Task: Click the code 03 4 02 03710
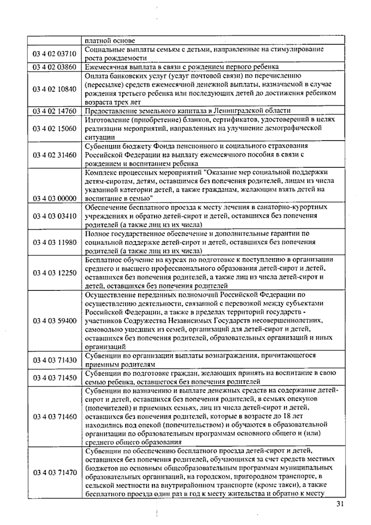pos(54,54)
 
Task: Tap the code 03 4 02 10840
pos(54,89)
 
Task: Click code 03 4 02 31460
pos(54,155)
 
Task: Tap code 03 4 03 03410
pos(54,216)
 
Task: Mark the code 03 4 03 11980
pos(54,242)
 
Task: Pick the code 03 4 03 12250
pos(54,273)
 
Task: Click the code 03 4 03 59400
pos(54,321)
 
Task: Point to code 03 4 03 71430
pos(54,360)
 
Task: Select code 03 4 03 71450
pos(54,378)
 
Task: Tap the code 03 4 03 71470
pos(54,472)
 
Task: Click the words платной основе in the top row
pos(110,41)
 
